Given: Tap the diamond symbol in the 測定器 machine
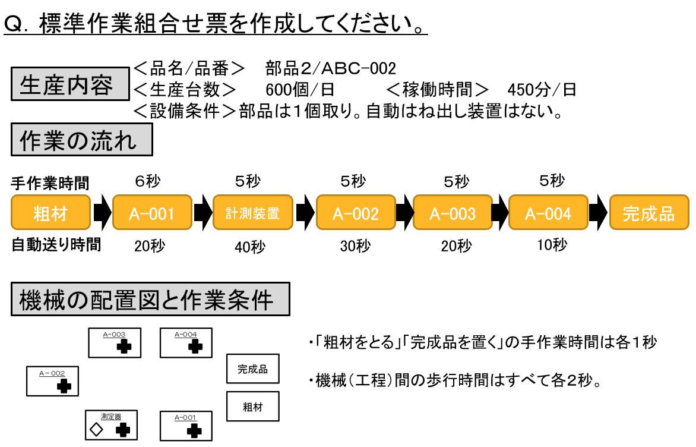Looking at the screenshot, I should pos(99,428).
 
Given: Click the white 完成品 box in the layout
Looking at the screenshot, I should pos(253,370).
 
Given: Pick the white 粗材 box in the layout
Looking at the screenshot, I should pos(253,409).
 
